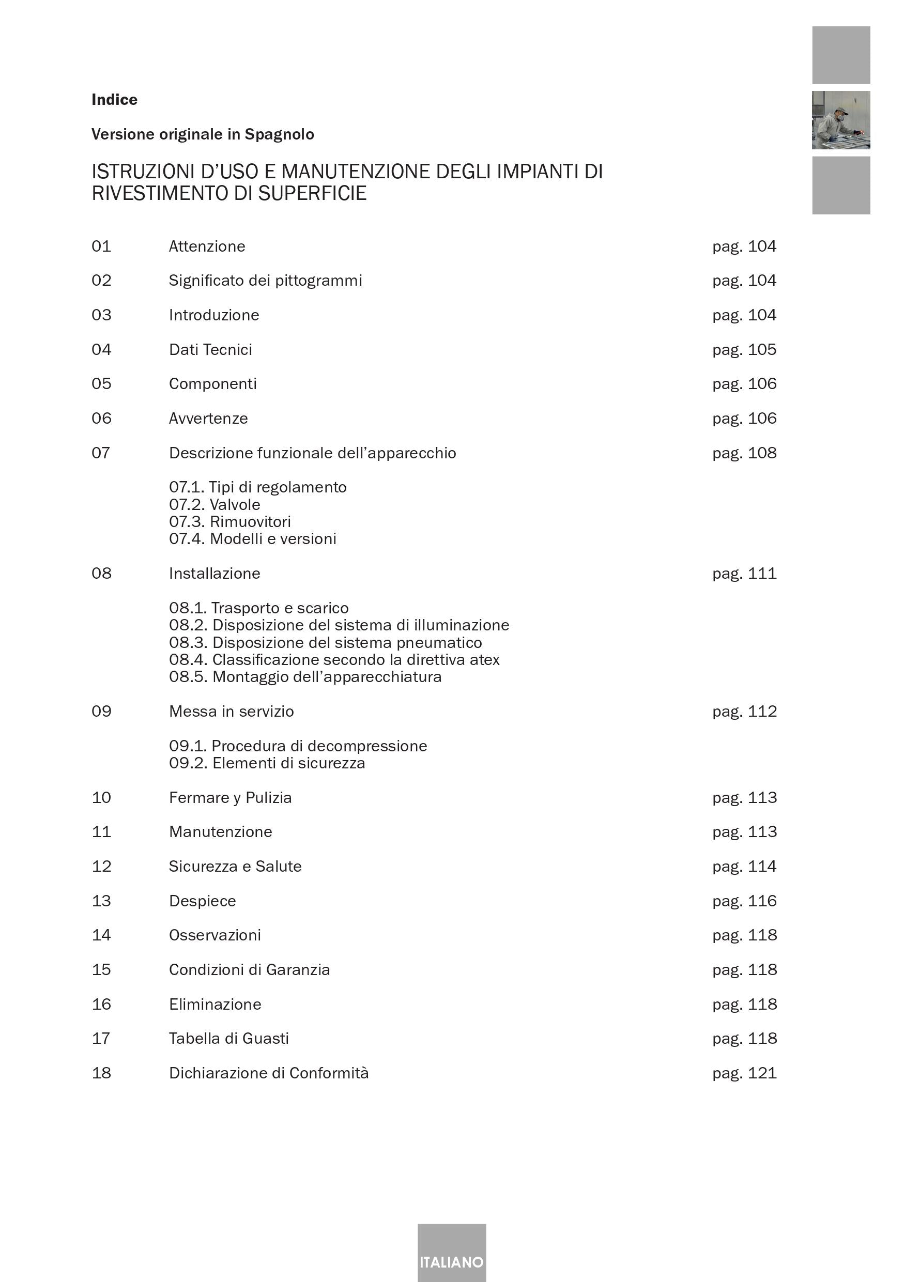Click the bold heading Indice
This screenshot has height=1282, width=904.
[114, 100]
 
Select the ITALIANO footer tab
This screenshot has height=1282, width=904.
[451, 1262]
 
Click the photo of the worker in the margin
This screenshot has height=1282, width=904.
[840, 120]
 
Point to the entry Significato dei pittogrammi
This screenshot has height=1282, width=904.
[265, 280]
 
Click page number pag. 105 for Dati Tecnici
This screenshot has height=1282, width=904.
[744, 349]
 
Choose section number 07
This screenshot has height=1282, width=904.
[101, 453]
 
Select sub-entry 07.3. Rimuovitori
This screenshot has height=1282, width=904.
[230, 521]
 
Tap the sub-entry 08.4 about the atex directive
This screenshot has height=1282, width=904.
[334, 659]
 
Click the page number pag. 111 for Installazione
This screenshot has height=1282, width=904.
[744, 574]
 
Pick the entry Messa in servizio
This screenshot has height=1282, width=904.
[231, 712]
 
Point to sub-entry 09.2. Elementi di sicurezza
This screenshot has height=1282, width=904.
[267, 763]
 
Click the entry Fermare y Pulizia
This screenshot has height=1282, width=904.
[230, 797]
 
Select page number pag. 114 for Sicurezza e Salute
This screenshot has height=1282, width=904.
[744, 866]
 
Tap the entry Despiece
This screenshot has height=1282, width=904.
[202, 901]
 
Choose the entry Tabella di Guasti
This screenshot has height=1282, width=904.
[229, 1038]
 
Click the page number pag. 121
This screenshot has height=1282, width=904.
[744, 1073]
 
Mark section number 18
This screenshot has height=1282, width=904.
[101, 1073]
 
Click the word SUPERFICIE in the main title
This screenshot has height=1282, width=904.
[312, 193]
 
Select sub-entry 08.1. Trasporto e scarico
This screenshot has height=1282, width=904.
[258, 608]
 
